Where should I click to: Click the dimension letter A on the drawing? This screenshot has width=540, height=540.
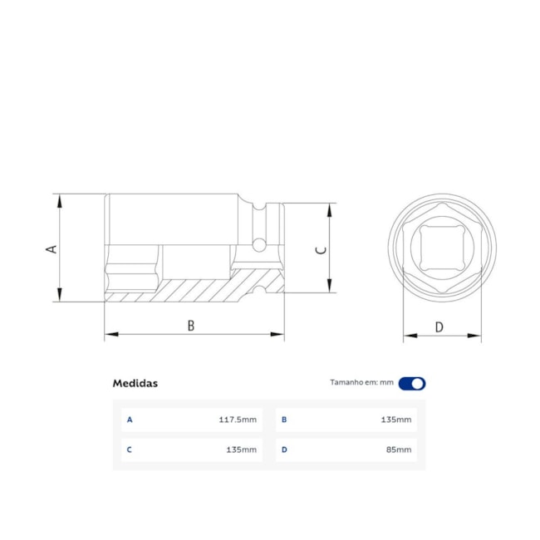[x=52, y=248]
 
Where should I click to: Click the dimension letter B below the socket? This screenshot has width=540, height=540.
[x=190, y=326]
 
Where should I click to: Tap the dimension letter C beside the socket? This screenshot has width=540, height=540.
[x=322, y=248]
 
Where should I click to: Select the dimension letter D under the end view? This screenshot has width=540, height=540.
[x=439, y=327]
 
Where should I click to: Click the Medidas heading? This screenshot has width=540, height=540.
[x=135, y=383]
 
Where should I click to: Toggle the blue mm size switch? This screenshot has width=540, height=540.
[x=412, y=383]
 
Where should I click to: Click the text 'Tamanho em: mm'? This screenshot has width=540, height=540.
[x=361, y=383]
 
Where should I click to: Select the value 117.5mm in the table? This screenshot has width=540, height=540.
[x=238, y=420]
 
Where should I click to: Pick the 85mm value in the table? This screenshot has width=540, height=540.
[x=399, y=449]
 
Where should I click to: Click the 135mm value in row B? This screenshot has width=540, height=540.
[x=395, y=420]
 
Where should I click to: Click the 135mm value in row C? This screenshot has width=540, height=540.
[x=241, y=449]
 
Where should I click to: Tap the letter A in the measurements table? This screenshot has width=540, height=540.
[x=130, y=420]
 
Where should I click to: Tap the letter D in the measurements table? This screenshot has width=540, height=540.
[x=284, y=449]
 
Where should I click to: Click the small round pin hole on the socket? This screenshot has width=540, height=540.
[x=259, y=244]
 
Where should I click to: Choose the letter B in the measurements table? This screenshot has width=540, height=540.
[x=284, y=420]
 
